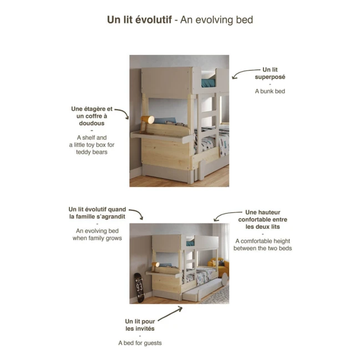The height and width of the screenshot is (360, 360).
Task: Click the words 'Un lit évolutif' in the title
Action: click(x=139, y=20)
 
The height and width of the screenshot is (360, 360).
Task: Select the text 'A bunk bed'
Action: click(x=270, y=91)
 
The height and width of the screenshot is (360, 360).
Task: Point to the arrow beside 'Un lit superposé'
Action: click(x=242, y=73)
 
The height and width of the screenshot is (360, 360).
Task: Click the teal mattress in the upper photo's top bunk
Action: click(x=208, y=83)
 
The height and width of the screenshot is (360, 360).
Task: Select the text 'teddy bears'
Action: click(x=92, y=151)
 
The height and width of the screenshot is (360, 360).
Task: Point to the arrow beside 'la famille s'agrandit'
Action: click(x=138, y=215)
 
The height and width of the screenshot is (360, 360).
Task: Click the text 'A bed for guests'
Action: click(x=140, y=343)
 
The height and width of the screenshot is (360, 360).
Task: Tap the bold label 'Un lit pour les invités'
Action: click(x=140, y=324)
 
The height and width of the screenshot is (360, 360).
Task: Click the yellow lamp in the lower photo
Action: click(x=157, y=265)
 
